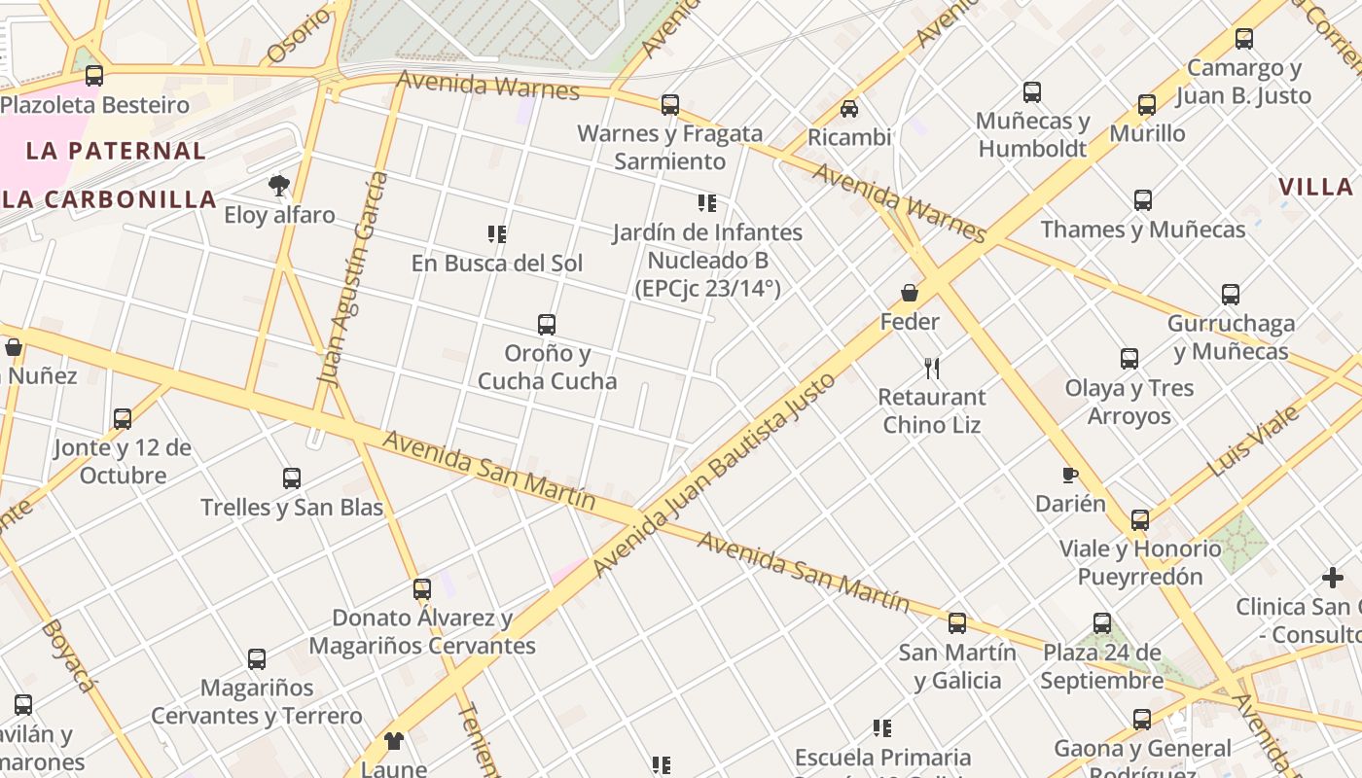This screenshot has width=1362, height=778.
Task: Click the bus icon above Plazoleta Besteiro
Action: (94, 75)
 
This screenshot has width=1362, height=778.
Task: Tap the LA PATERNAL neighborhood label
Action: (116, 151)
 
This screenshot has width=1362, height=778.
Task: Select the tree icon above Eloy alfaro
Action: (279, 185)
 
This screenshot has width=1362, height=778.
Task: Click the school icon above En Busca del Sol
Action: (497, 233)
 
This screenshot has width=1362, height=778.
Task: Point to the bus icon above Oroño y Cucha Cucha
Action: (547, 324)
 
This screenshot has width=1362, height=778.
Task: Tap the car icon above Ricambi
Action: (849, 108)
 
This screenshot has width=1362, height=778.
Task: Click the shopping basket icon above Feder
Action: (910, 292)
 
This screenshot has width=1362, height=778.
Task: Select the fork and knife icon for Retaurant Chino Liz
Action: (932, 368)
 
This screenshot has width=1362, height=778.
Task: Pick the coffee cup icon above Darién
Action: (1070, 475)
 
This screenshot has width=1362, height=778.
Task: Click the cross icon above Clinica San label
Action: (1333, 579)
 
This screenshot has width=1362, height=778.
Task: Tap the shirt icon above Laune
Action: (394, 741)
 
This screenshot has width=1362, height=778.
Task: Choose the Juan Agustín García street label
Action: (352, 280)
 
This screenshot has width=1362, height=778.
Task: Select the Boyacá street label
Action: (69, 655)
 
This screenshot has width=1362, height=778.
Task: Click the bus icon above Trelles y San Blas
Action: (292, 477)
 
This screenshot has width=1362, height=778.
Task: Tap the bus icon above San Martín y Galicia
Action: (957, 622)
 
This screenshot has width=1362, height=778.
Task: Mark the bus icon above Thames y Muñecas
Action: (1143, 200)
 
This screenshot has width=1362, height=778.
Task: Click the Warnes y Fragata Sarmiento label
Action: (670, 147)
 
